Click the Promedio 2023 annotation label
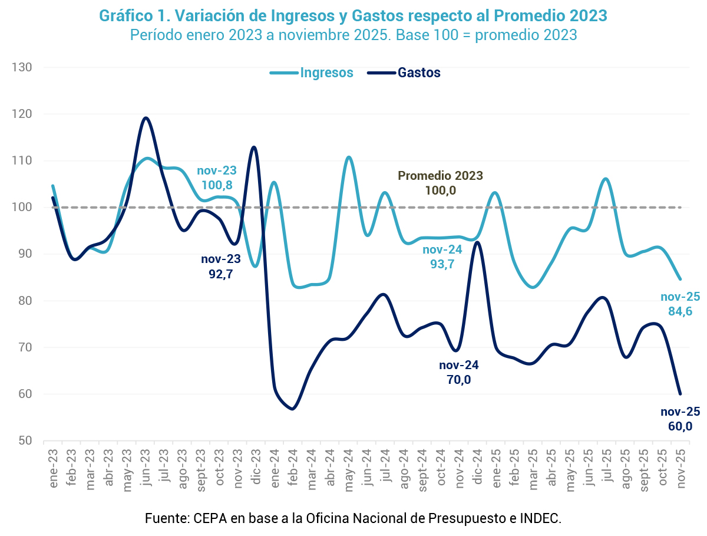(x=440, y=176)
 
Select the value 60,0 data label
(x=680, y=426)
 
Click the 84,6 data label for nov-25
(x=680, y=311)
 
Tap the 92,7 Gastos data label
(x=221, y=274)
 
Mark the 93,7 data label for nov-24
(x=442, y=264)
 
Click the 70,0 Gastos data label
(x=459, y=380)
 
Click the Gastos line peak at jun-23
(x=146, y=118)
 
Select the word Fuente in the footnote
(x=165, y=519)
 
